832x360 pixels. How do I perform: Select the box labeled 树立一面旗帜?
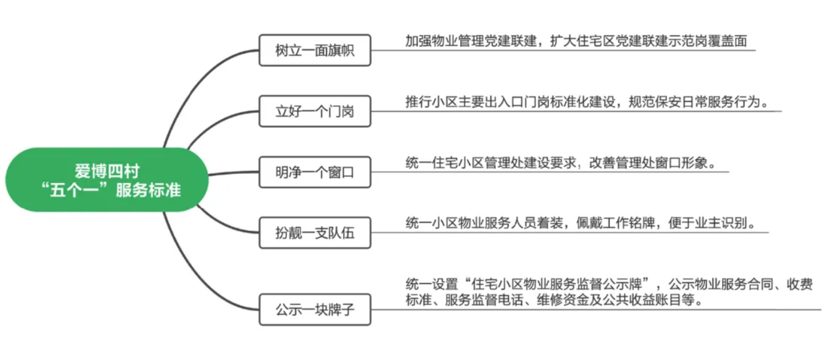coord(315,51)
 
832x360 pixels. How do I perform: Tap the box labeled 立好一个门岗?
coord(315,112)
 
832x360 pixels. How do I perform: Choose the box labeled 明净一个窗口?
coord(315,173)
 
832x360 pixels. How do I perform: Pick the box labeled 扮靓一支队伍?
coord(315,233)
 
